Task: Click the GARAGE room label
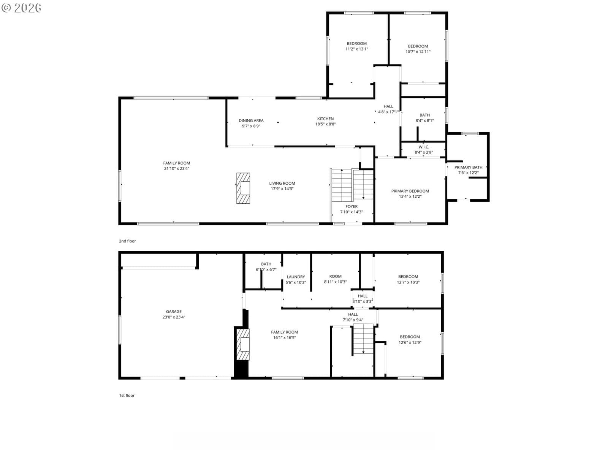[174, 312]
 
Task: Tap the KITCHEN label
[325, 119]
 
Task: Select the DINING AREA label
[251, 120]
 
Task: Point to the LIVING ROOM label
[282, 183]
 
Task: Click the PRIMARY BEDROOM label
[410, 191]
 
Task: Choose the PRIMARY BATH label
[468, 167]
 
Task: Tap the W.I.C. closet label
[424, 147]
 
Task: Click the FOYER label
[351, 206]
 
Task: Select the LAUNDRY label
[296, 277]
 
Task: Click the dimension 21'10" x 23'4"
[176, 168]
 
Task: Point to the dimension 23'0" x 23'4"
[174, 317]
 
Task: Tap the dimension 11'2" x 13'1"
[356, 49]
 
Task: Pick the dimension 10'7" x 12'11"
[418, 52]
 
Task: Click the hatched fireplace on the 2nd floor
[243, 188]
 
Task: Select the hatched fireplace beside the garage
[243, 344]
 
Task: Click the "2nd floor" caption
[127, 241]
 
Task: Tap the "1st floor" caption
[127, 395]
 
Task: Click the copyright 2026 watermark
[22, 8]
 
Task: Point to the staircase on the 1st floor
[363, 339]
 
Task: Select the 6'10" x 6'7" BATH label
[266, 267]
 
